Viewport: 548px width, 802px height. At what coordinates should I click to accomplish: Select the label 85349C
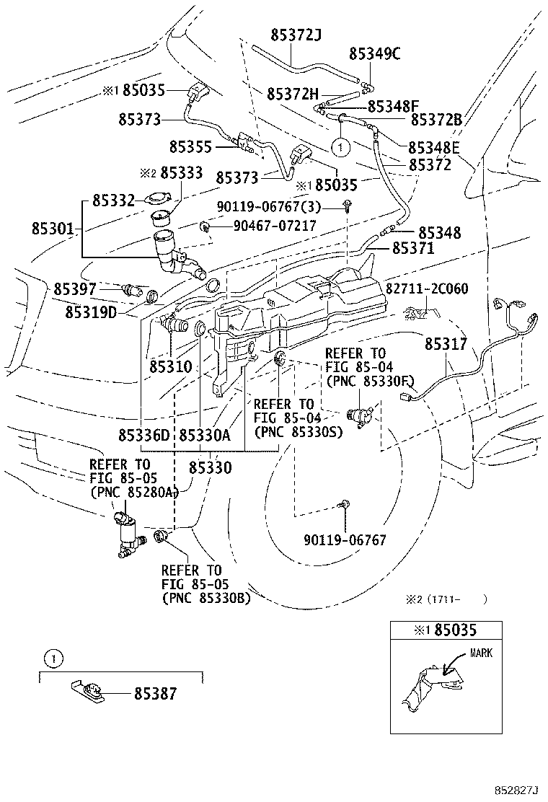point(374,53)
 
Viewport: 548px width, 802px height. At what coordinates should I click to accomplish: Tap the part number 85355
point(191,146)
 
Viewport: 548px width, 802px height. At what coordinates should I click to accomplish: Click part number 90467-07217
point(274,226)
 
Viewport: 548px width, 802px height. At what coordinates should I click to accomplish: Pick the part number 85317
point(445,345)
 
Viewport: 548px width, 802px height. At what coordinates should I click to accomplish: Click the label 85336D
point(143,436)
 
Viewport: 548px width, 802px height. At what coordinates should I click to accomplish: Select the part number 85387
point(154,695)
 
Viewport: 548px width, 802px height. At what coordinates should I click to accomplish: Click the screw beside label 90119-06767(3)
point(348,206)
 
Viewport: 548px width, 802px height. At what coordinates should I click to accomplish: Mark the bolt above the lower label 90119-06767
point(346,506)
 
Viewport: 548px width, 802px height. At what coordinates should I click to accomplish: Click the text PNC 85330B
point(206,597)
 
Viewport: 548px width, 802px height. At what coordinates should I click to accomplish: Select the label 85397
point(75,289)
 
